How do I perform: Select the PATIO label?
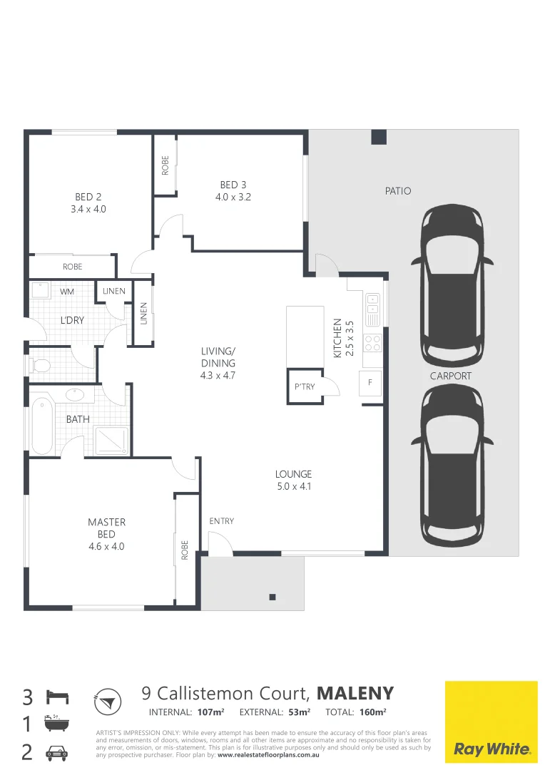(398, 191)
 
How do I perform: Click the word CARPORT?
(450, 376)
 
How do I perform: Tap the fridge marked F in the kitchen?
(370, 383)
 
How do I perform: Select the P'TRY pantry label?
(305, 387)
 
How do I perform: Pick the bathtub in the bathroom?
(41, 426)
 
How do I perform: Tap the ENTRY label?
(221, 521)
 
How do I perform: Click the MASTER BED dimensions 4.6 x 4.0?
(106, 547)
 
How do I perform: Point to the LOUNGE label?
(294, 474)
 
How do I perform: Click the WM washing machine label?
(67, 292)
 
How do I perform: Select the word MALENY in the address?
(355, 693)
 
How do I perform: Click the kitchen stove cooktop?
(373, 342)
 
